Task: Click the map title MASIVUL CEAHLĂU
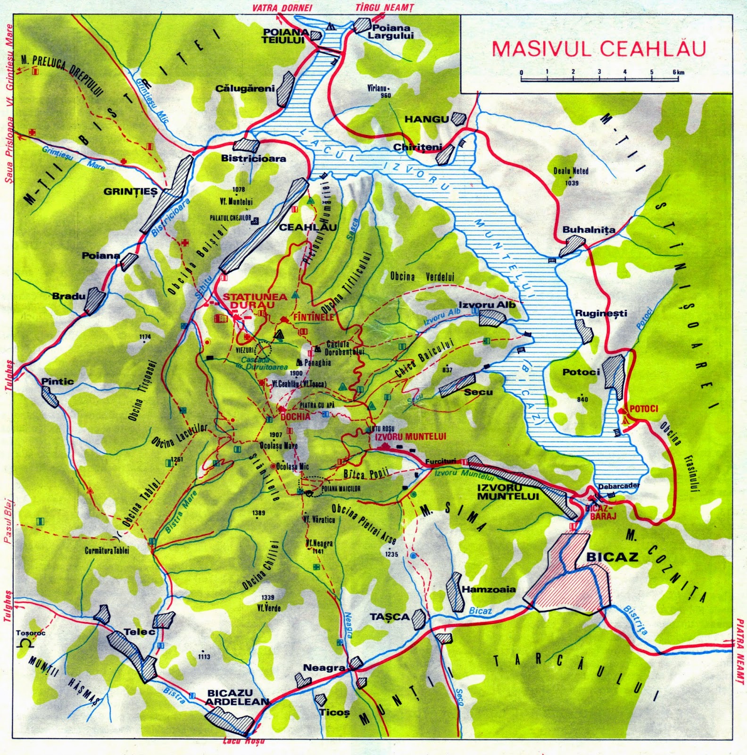click(598, 49)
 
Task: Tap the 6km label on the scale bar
click(679, 72)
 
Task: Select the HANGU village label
click(426, 119)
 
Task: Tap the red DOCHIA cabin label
click(295, 417)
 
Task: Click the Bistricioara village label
click(254, 159)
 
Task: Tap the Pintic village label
click(58, 381)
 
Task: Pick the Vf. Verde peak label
click(269, 608)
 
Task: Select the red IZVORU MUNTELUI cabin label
click(410, 437)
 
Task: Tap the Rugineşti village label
click(601, 313)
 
